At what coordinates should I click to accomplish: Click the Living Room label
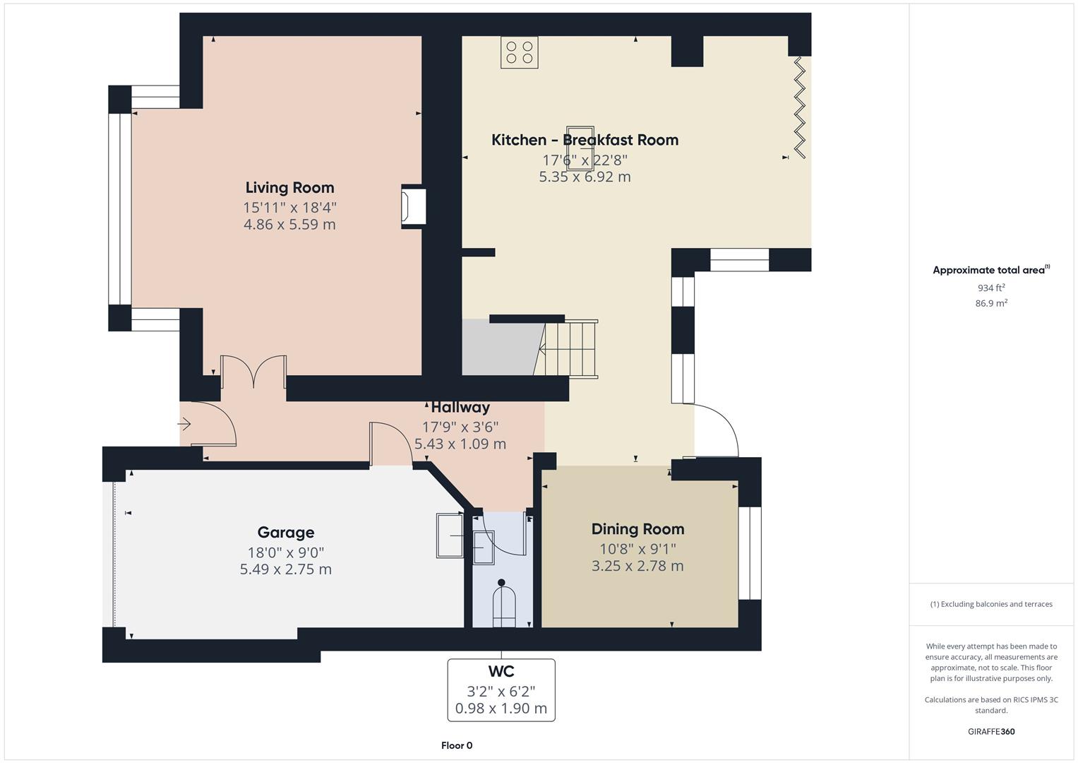pos(289,188)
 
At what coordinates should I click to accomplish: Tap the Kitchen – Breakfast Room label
pos(585,140)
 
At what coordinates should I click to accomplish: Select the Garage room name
pos(285,533)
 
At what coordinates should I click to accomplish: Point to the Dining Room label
pos(637,529)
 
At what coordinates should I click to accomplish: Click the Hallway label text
pos(460,408)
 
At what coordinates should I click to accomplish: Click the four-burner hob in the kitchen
pos(519,53)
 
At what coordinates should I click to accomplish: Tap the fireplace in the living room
pos(414,207)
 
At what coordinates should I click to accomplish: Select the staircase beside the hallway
pos(568,349)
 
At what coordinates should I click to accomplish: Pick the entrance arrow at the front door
pos(184,425)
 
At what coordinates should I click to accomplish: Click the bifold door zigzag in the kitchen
pos(799,106)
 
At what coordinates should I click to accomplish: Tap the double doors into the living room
pos(253,372)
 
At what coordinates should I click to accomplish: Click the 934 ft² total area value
pos(990,288)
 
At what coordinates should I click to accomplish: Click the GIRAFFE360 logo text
pos(990,731)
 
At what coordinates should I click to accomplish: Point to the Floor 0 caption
pos(457,745)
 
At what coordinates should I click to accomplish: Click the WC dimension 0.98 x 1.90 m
pos(501,709)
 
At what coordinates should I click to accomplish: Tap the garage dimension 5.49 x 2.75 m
pos(285,569)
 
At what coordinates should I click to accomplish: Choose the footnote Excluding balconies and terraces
pos(990,604)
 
